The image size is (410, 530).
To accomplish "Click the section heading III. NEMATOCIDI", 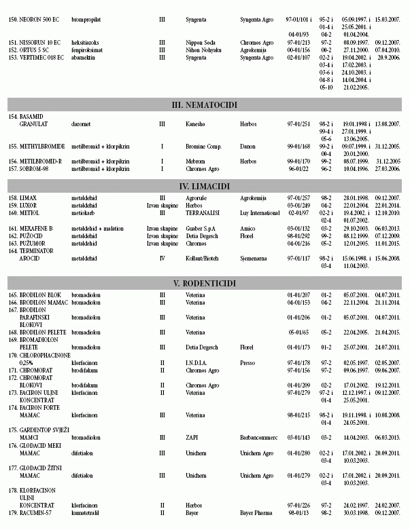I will (205, 105).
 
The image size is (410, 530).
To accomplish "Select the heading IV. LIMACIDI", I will (205, 185).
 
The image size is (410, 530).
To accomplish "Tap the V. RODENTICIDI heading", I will (205, 282).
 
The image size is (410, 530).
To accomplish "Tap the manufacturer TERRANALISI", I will (204, 212).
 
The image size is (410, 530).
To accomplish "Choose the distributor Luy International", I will (260, 212).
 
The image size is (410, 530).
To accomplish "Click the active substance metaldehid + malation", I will (98, 229).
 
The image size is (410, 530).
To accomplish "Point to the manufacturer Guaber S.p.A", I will (203, 229).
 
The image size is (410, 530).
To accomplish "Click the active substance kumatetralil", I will (88, 514).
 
